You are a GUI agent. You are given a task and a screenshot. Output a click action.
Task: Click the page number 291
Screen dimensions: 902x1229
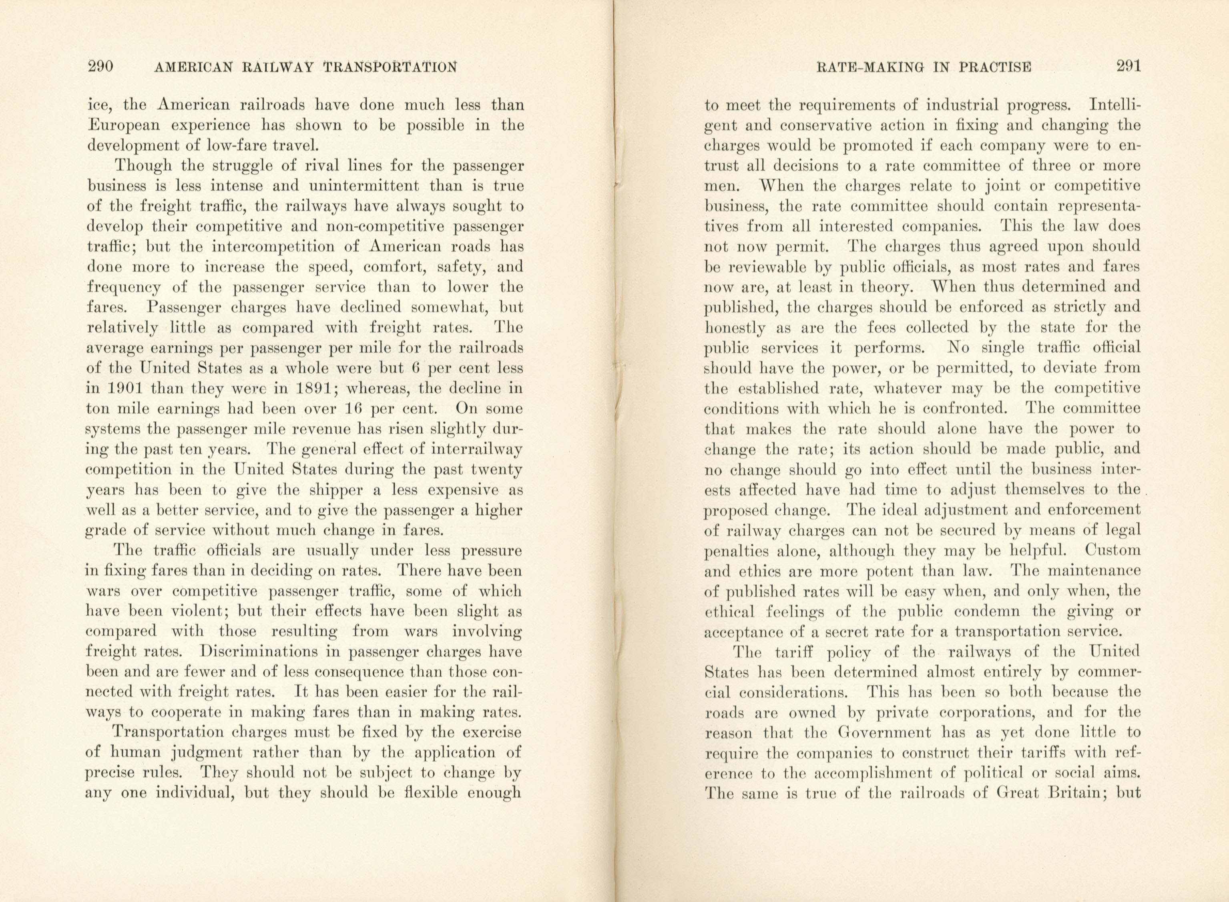(1127, 66)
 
